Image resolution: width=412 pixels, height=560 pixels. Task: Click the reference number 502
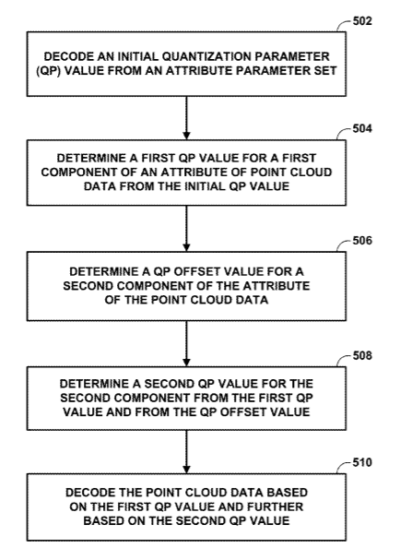362,21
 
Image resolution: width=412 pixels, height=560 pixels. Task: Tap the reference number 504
362,128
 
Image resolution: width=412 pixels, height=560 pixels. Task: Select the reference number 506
362,241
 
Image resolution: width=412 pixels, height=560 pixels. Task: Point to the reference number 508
362,355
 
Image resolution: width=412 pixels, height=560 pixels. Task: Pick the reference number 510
362,462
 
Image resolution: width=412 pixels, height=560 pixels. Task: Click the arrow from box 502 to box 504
186,118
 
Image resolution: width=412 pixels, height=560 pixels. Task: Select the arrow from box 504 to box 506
186,229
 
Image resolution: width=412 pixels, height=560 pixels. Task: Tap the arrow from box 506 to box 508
186,343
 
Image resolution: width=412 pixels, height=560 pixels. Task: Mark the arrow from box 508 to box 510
186,452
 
